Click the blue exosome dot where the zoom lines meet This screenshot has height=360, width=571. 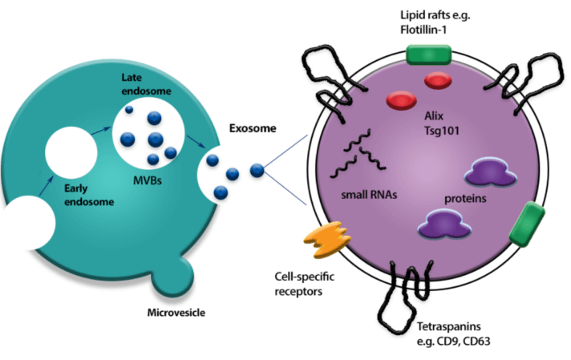click(x=256, y=170)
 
